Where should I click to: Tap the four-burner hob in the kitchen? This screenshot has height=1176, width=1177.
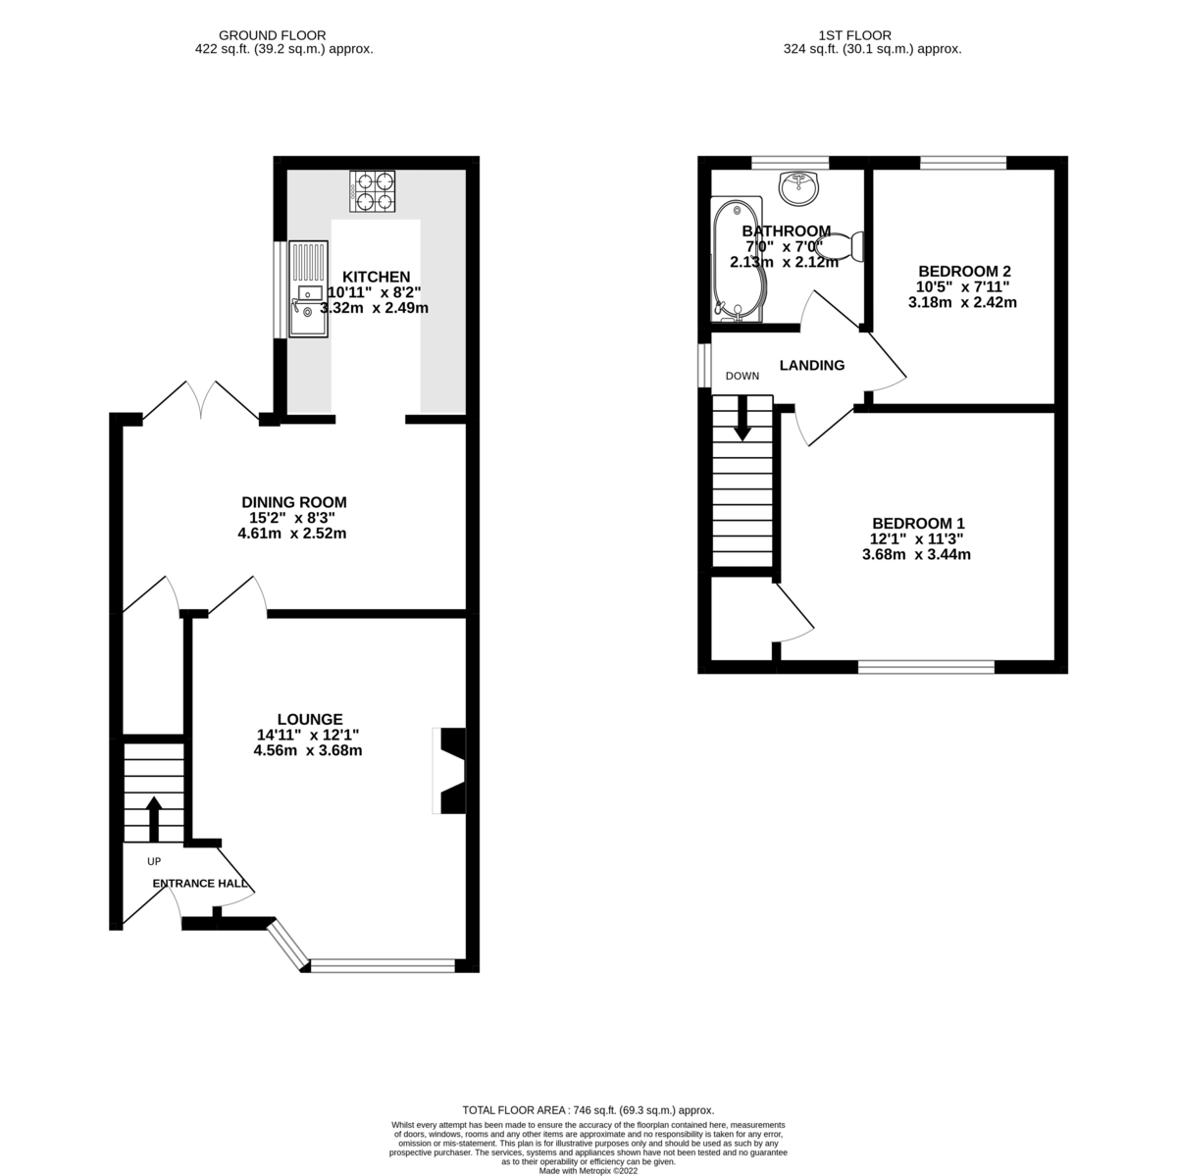tap(374, 191)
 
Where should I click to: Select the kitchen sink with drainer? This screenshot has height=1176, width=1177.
tap(308, 290)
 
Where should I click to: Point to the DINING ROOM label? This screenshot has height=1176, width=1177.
tap(292, 502)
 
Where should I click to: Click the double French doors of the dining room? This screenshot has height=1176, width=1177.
tap(201, 402)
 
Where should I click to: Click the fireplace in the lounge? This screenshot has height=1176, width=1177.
tap(451, 771)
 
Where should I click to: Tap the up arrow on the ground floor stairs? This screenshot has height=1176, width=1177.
tap(154, 818)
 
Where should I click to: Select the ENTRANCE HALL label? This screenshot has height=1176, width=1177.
tap(201, 884)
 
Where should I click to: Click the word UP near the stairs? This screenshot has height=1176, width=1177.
tap(153, 862)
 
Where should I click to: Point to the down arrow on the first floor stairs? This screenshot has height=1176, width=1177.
tap(742, 418)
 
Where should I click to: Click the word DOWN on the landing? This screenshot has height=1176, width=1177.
tap(742, 377)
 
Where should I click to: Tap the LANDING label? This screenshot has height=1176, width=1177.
tap(811, 366)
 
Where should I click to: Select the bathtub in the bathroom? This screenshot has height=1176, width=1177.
tap(733, 260)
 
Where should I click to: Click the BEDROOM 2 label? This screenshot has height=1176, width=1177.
tap(964, 271)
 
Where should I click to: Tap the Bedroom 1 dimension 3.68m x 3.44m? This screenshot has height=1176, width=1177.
tap(916, 554)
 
